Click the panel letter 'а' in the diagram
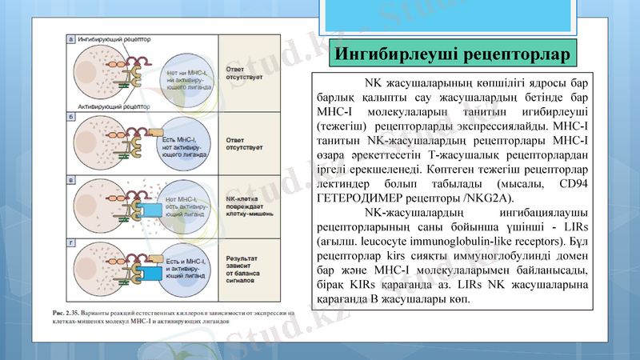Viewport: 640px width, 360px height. [71, 38]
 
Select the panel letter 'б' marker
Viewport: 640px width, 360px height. [71, 118]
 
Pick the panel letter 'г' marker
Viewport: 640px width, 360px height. [71, 239]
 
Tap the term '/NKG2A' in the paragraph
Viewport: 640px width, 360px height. [487, 199]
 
